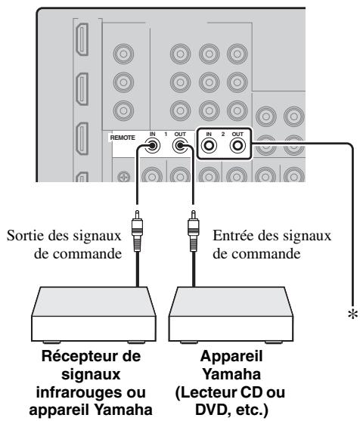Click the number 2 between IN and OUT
224,135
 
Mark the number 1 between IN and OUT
166,135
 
